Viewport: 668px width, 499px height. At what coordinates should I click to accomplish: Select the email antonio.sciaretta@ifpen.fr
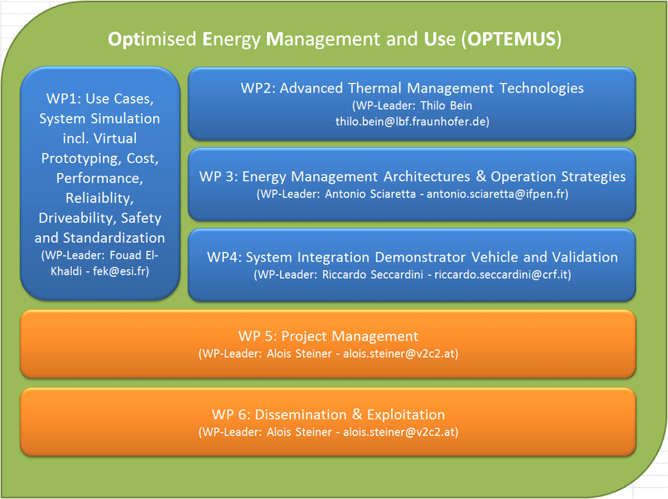tap(496, 194)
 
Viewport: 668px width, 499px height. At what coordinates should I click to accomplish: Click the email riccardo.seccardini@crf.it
tap(501, 274)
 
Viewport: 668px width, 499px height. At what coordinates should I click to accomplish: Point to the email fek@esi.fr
tap(119, 271)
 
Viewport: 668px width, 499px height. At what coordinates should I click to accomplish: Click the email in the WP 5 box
tap(399, 354)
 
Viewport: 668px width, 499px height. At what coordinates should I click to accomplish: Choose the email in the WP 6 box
tap(399, 431)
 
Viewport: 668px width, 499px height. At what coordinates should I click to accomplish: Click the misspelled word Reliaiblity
tap(100, 198)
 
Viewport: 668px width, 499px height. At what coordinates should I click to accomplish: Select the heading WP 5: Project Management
tap(328, 336)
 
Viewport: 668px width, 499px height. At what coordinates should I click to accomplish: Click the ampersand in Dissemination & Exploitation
tap(357, 414)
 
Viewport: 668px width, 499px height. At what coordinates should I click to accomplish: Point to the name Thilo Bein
tap(446, 105)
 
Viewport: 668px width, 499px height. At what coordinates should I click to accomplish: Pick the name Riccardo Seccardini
tap(373, 274)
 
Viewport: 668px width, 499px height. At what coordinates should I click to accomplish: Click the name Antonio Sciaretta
tap(370, 194)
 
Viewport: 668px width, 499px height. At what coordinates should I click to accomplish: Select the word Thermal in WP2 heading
tap(375, 88)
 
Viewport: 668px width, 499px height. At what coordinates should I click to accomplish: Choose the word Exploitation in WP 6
tap(406, 415)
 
